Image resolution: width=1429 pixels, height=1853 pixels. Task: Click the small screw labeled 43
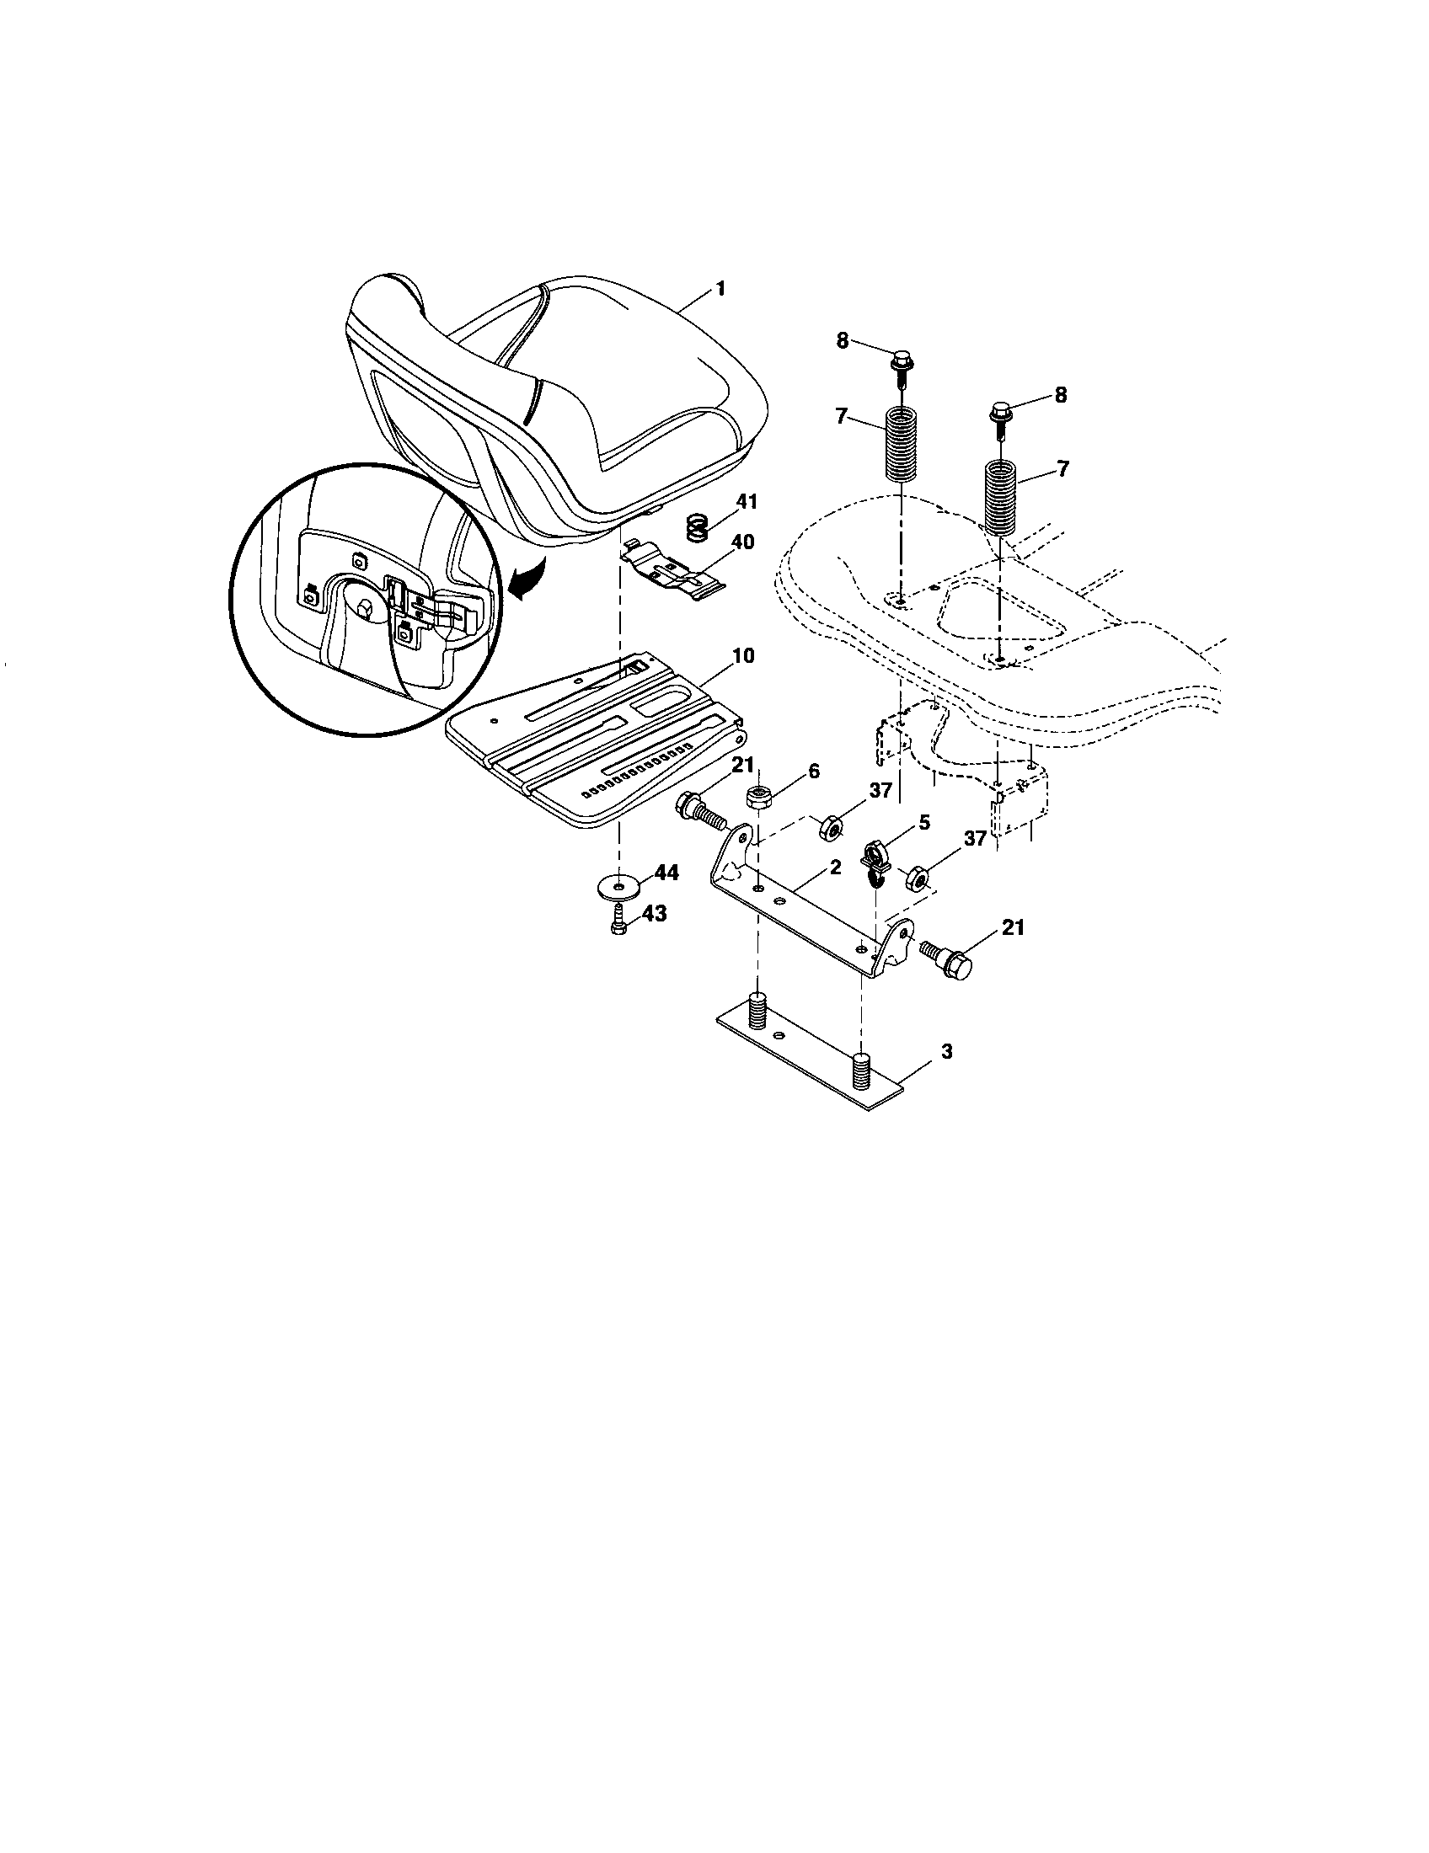618,922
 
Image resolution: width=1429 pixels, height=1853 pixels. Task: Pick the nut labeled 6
757,798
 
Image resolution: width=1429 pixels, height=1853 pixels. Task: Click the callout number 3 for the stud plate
946,1051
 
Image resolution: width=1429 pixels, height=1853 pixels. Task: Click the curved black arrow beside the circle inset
524,579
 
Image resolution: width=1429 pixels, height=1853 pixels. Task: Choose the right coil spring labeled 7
1002,496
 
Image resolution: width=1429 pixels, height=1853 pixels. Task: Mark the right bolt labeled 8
1001,414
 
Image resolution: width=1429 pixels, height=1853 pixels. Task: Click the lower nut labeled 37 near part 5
917,878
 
